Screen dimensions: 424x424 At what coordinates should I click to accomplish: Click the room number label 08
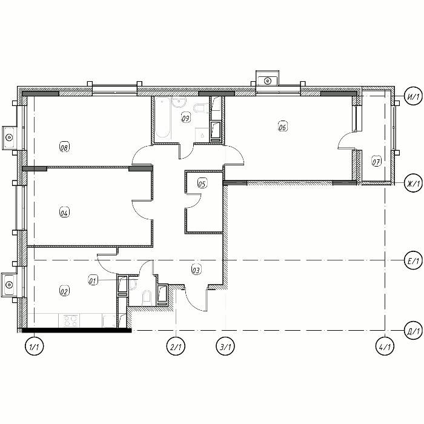tap(64, 147)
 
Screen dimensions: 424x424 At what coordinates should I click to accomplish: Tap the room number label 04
tap(64, 212)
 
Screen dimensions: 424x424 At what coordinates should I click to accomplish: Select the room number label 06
tap(283, 126)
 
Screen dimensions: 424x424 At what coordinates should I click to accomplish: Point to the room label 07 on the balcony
tap(376, 161)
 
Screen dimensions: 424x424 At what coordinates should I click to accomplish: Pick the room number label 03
tap(196, 270)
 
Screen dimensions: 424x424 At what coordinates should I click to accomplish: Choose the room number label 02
tap(64, 291)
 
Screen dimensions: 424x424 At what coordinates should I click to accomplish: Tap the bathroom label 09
tap(186, 118)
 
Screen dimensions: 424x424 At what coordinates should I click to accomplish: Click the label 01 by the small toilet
tap(93, 280)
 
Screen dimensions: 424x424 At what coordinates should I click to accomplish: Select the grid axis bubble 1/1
tap(34, 346)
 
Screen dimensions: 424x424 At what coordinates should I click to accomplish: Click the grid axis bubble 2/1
tap(176, 346)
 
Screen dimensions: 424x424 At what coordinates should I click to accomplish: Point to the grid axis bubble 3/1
tap(225, 346)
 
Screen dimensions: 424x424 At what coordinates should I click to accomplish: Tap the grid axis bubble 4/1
tap(385, 346)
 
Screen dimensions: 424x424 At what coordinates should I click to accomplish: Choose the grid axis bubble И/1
tap(414, 96)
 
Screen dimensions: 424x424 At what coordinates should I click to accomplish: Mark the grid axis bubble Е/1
tap(414, 260)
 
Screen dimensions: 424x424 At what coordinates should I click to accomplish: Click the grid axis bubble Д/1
tap(414, 331)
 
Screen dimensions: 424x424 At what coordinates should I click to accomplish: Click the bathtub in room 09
tap(162, 118)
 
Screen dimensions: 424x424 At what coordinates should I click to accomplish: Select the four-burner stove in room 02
tap(71, 320)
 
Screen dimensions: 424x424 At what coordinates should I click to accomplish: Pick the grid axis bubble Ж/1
tap(414, 183)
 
